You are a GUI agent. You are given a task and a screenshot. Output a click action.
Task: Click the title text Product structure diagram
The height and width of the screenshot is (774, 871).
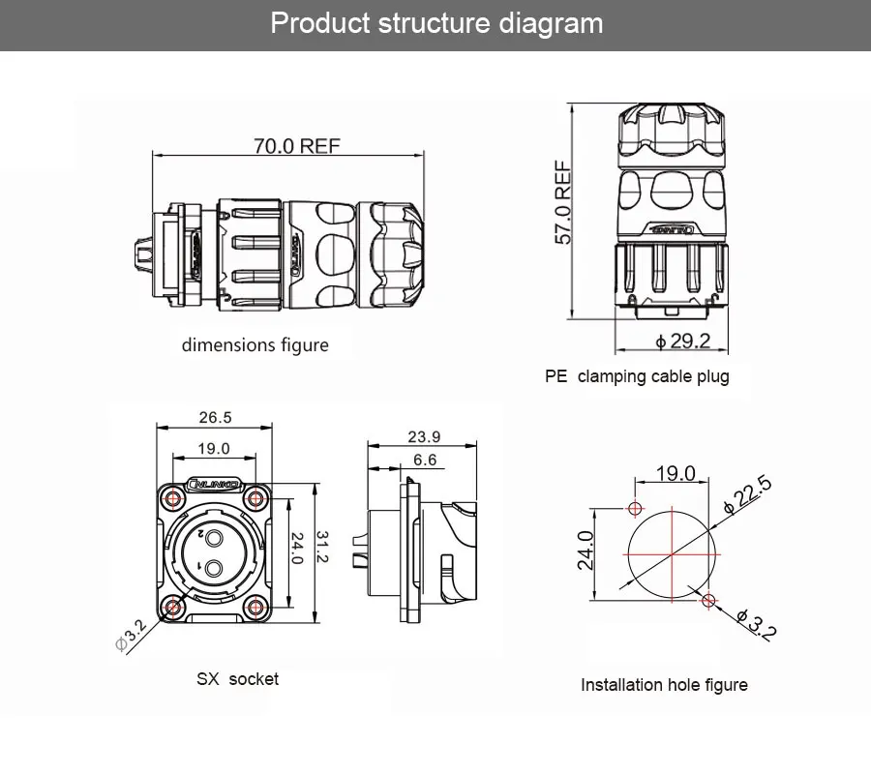(x=436, y=23)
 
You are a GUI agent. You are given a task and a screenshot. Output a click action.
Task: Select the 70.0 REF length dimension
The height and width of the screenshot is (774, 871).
(x=297, y=146)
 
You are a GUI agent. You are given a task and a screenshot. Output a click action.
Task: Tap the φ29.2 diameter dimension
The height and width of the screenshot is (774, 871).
(x=683, y=341)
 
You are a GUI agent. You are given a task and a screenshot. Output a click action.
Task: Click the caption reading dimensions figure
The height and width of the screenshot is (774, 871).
(x=255, y=345)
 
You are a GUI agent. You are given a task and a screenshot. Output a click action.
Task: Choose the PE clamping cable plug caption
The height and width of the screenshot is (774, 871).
(x=637, y=376)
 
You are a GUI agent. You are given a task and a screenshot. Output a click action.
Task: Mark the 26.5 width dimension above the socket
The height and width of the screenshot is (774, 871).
(x=215, y=418)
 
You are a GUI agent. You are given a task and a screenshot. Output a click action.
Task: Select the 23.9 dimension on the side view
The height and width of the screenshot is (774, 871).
(x=424, y=436)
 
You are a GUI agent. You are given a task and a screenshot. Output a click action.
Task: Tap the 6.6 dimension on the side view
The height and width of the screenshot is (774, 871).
(x=424, y=460)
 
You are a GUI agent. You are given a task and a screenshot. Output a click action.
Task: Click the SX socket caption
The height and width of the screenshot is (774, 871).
(x=237, y=679)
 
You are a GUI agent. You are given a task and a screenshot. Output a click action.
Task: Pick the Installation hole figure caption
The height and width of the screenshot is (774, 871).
(x=664, y=685)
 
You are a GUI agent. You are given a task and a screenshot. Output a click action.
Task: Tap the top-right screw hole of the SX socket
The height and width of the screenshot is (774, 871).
(x=256, y=499)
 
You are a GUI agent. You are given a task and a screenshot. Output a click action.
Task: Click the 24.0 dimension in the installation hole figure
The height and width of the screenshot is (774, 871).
(x=586, y=551)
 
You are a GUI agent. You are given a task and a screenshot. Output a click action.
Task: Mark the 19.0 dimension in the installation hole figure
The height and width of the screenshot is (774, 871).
(x=676, y=473)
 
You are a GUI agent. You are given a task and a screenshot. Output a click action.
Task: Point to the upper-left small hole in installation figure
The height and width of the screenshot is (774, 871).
(x=635, y=509)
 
